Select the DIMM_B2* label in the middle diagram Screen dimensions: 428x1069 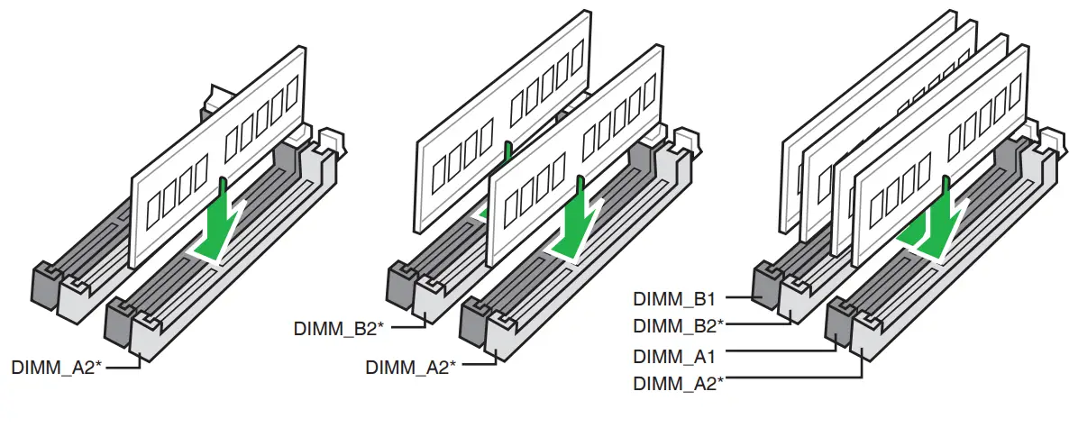(339, 328)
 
